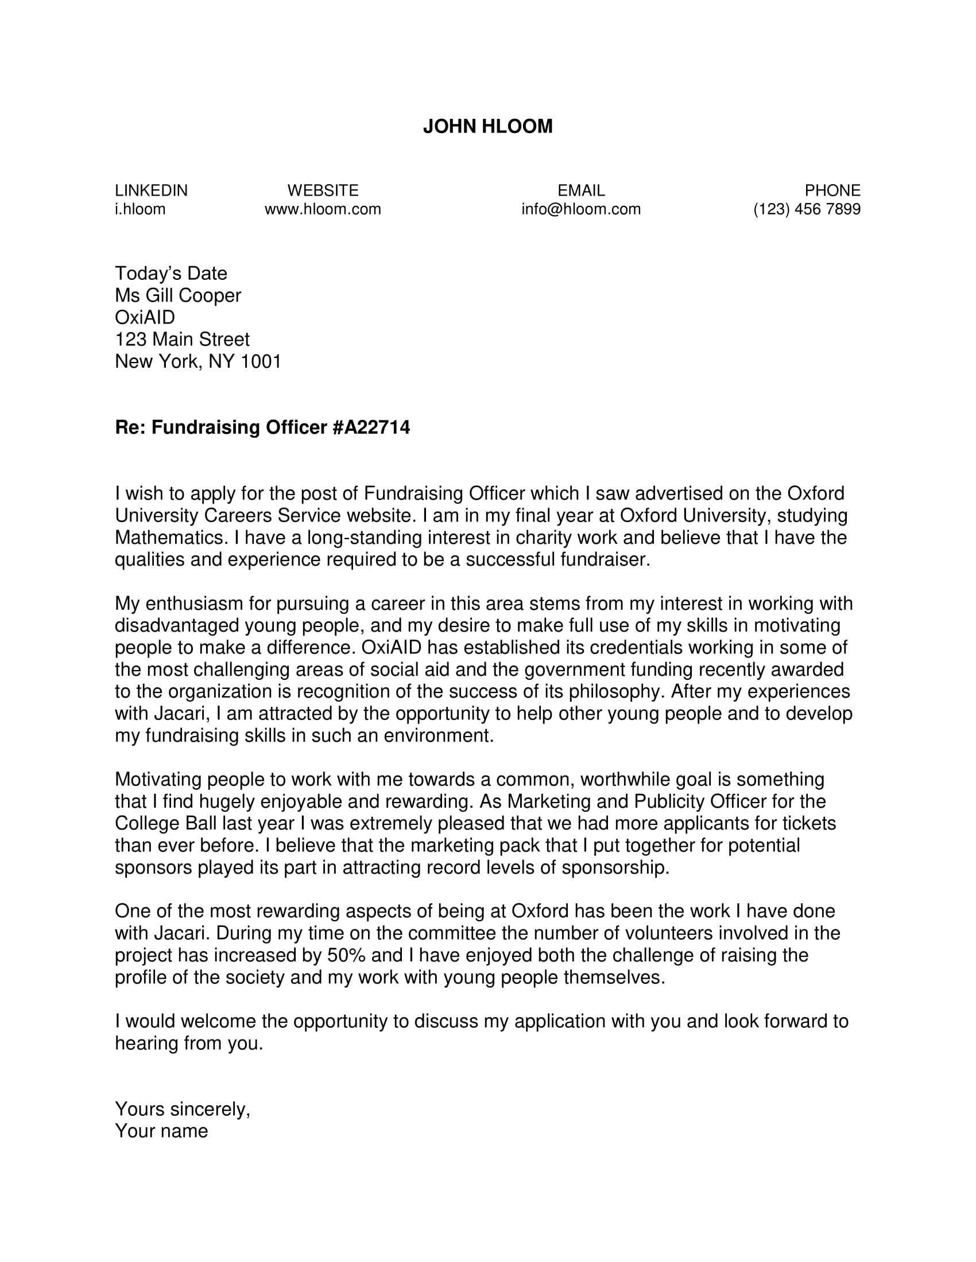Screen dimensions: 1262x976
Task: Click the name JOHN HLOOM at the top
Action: coord(487,127)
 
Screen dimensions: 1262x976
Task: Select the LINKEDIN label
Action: coord(151,190)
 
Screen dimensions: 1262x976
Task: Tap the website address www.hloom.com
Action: coord(323,209)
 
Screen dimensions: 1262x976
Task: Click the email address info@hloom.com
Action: coord(580,209)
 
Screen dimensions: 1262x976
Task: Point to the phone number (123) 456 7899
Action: coord(806,209)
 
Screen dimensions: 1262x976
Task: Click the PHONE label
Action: coord(832,190)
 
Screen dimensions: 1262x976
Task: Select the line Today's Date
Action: coord(171,273)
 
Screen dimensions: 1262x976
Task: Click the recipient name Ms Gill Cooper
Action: coord(177,295)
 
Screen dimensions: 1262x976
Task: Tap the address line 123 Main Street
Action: coord(182,339)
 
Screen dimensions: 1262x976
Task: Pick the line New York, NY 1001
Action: coord(197,362)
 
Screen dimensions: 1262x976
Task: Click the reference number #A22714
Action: coord(371,427)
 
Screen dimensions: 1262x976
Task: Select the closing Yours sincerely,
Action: coord(182,1109)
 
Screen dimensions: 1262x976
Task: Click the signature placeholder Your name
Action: coord(161,1131)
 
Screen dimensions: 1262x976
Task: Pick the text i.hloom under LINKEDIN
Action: coord(140,209)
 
